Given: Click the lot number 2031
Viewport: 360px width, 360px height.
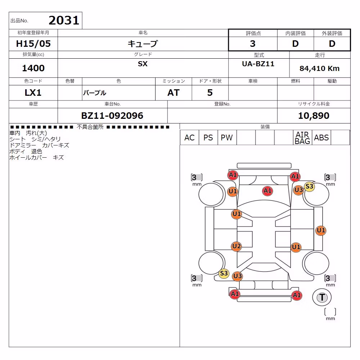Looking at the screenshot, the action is click(64, 20).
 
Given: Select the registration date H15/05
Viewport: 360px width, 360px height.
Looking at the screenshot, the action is click(33, 44).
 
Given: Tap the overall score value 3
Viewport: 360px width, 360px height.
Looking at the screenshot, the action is click(253, 44).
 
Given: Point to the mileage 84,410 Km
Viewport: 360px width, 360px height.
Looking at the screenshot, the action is click(319, 68).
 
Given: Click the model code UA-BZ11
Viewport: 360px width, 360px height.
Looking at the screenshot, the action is click(258, 64).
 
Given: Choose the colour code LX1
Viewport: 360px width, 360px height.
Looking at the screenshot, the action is click(33, 93).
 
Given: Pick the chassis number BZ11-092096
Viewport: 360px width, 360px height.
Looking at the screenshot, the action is click(112, 116).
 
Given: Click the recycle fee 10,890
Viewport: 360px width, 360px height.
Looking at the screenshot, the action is click(314, 116).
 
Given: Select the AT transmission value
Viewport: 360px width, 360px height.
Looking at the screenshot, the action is click(174, 93).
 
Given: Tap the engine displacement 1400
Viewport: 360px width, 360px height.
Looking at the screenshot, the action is click(33, 68).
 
